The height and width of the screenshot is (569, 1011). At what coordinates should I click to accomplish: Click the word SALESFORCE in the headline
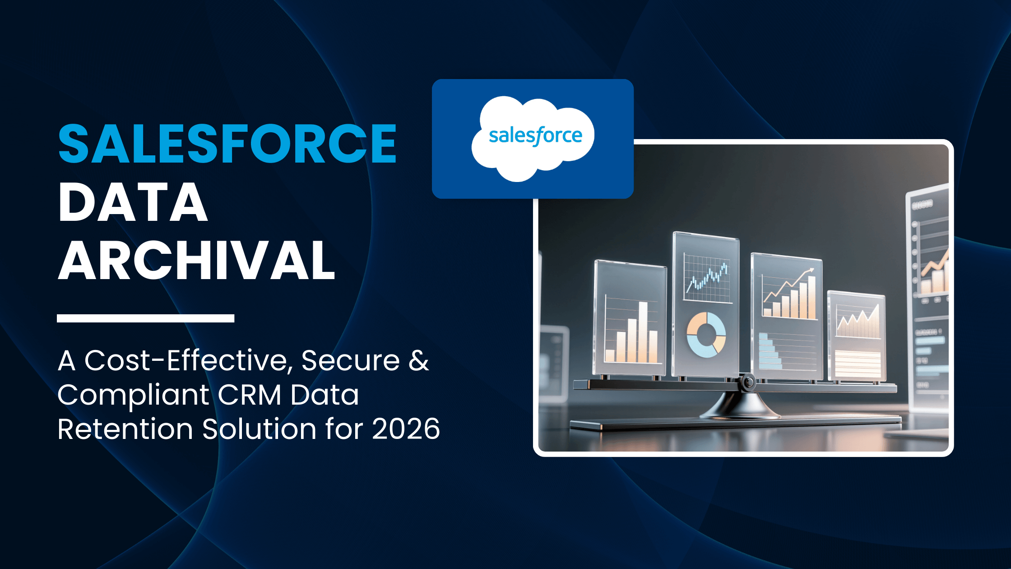click(x=227, y=144)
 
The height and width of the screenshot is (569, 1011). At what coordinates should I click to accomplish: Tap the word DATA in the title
click(x=133, y=203)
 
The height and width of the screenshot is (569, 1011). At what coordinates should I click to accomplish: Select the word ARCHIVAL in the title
click(x=197, y=261)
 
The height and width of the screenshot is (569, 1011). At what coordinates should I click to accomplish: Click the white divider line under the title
click(x=145, y=318)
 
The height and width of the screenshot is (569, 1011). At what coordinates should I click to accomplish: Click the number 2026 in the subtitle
click(x=406, y=429)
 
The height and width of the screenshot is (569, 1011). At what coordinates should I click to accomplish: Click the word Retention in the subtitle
click(x=125, y=429)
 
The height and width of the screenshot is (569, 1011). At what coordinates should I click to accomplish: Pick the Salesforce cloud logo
click(x=533, y=137)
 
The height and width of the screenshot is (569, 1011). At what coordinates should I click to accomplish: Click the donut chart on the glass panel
click(x=706, y=335)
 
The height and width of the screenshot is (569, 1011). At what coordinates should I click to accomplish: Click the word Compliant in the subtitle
click(x=133, y=395)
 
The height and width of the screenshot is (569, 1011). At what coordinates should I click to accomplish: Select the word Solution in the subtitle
click(x=259, y=429)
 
